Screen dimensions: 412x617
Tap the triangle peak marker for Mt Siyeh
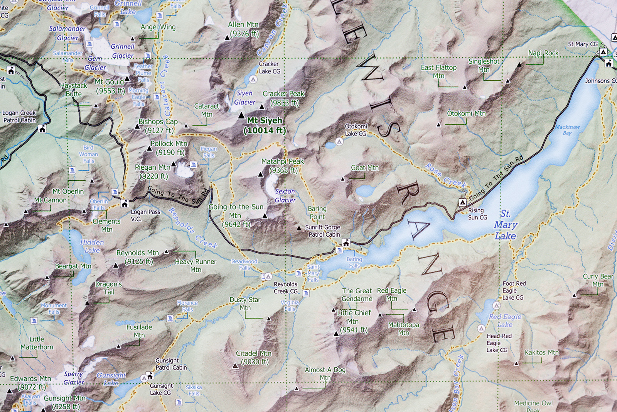(x=241, y=115)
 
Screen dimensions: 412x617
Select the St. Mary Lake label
(x=505, y=225)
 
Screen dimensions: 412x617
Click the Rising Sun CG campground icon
(x=462, y=202)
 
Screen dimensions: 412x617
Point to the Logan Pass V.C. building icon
(x=125, y=203)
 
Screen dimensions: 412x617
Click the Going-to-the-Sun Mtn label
(x=236, y=215)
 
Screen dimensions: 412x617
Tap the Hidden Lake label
(x=92, y=246)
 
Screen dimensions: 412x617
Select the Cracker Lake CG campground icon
(x=253, y=79)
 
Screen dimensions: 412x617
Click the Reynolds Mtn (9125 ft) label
(x=138, y=257)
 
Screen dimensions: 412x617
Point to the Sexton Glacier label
(x=285, y=196)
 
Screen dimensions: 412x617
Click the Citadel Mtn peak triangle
(x=235, y=366)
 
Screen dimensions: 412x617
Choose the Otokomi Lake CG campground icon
(x=339, y=142)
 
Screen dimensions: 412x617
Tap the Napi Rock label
(x=543, y=53)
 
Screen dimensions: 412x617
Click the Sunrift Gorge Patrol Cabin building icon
(x=346, y=242)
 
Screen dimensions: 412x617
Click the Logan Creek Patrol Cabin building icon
(x=42, y=129)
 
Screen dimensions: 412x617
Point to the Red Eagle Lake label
(x=505, y=320)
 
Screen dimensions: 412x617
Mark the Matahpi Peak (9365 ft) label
(x=283, y=166)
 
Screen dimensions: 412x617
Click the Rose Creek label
(x=445, y=176)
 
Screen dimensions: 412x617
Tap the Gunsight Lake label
(x=111, y=379)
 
